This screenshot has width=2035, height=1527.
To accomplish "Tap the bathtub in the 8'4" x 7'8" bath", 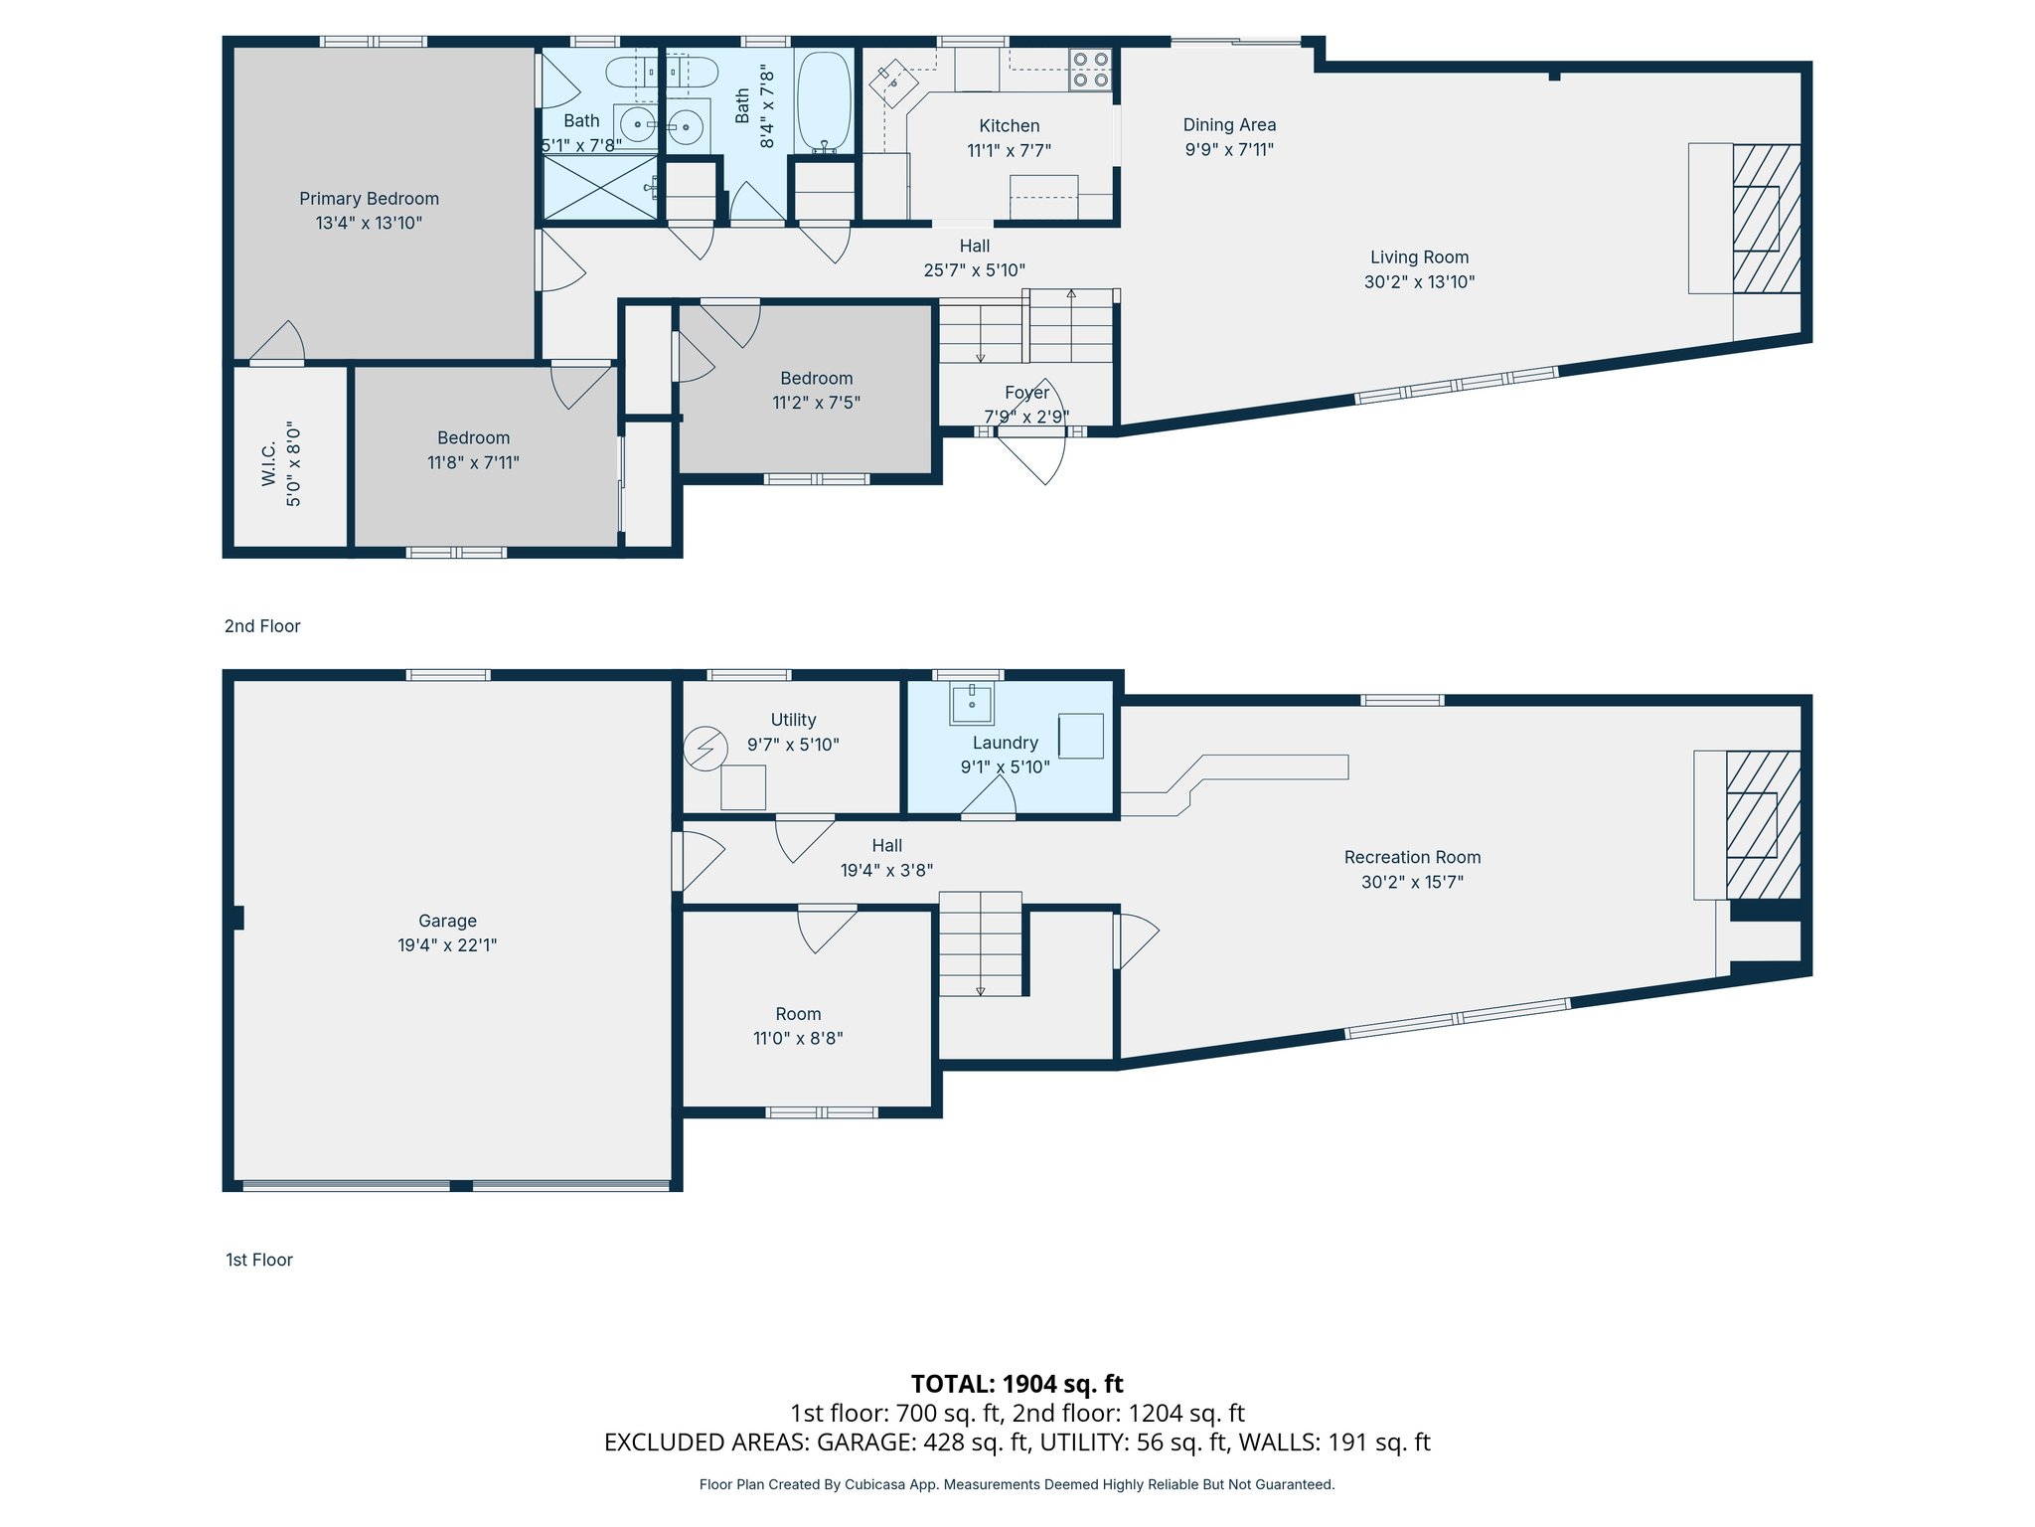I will (x=824, y=102).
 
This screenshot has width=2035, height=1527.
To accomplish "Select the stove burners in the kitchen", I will (x=1090, y=70).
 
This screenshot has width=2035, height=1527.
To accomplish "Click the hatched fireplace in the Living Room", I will (x=1766, y=219).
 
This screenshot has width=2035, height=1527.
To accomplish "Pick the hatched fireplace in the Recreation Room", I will (x=1762, y=825).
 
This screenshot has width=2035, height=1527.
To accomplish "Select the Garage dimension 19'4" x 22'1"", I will (x=447, y=945).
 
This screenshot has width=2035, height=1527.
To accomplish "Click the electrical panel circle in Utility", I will (x=705, y=749).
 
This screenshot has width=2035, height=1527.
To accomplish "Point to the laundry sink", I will (x=972, y=703).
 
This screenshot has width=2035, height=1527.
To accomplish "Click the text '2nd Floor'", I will (x=262, y=626).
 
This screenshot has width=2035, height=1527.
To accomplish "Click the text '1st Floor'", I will (x=259, y=1260).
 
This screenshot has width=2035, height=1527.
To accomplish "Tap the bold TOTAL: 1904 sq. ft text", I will (x=1017, y=1384).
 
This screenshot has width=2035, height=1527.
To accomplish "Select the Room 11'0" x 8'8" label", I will (x=798, y=1026).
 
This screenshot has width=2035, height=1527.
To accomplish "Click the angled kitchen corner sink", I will (x=893, y=83).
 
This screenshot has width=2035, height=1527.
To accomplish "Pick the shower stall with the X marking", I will (x=598, y=187).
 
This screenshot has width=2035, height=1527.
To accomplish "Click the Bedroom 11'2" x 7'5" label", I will (x=816, y=390).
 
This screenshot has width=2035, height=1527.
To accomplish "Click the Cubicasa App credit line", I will (x=1017, y=1484).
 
